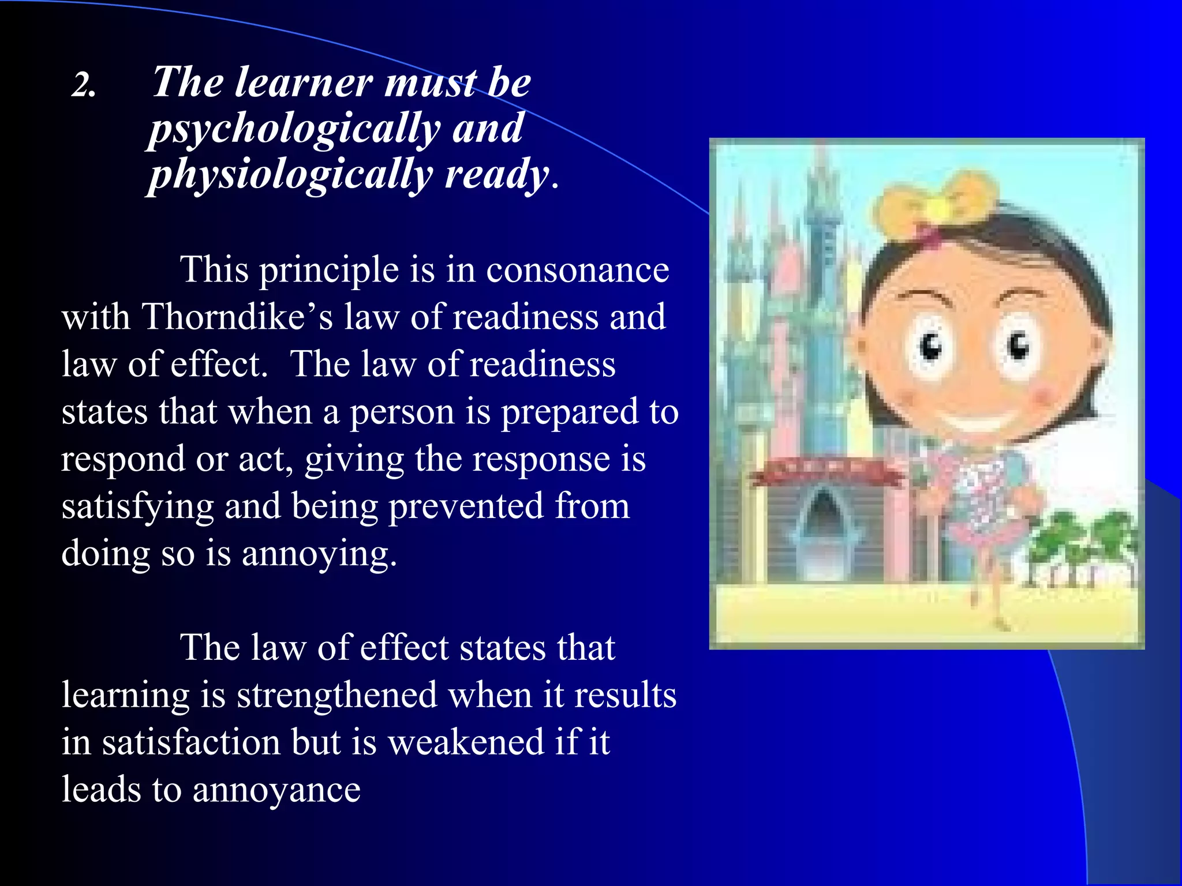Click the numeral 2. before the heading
[x=84, y=86]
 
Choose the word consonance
[x=577, y=270]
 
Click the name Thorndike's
[x=237, y=317]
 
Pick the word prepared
[x=569, y=412]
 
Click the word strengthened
[x=337, y=695]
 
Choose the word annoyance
[x=276, y=790]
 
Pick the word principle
[x=328, y=270]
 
